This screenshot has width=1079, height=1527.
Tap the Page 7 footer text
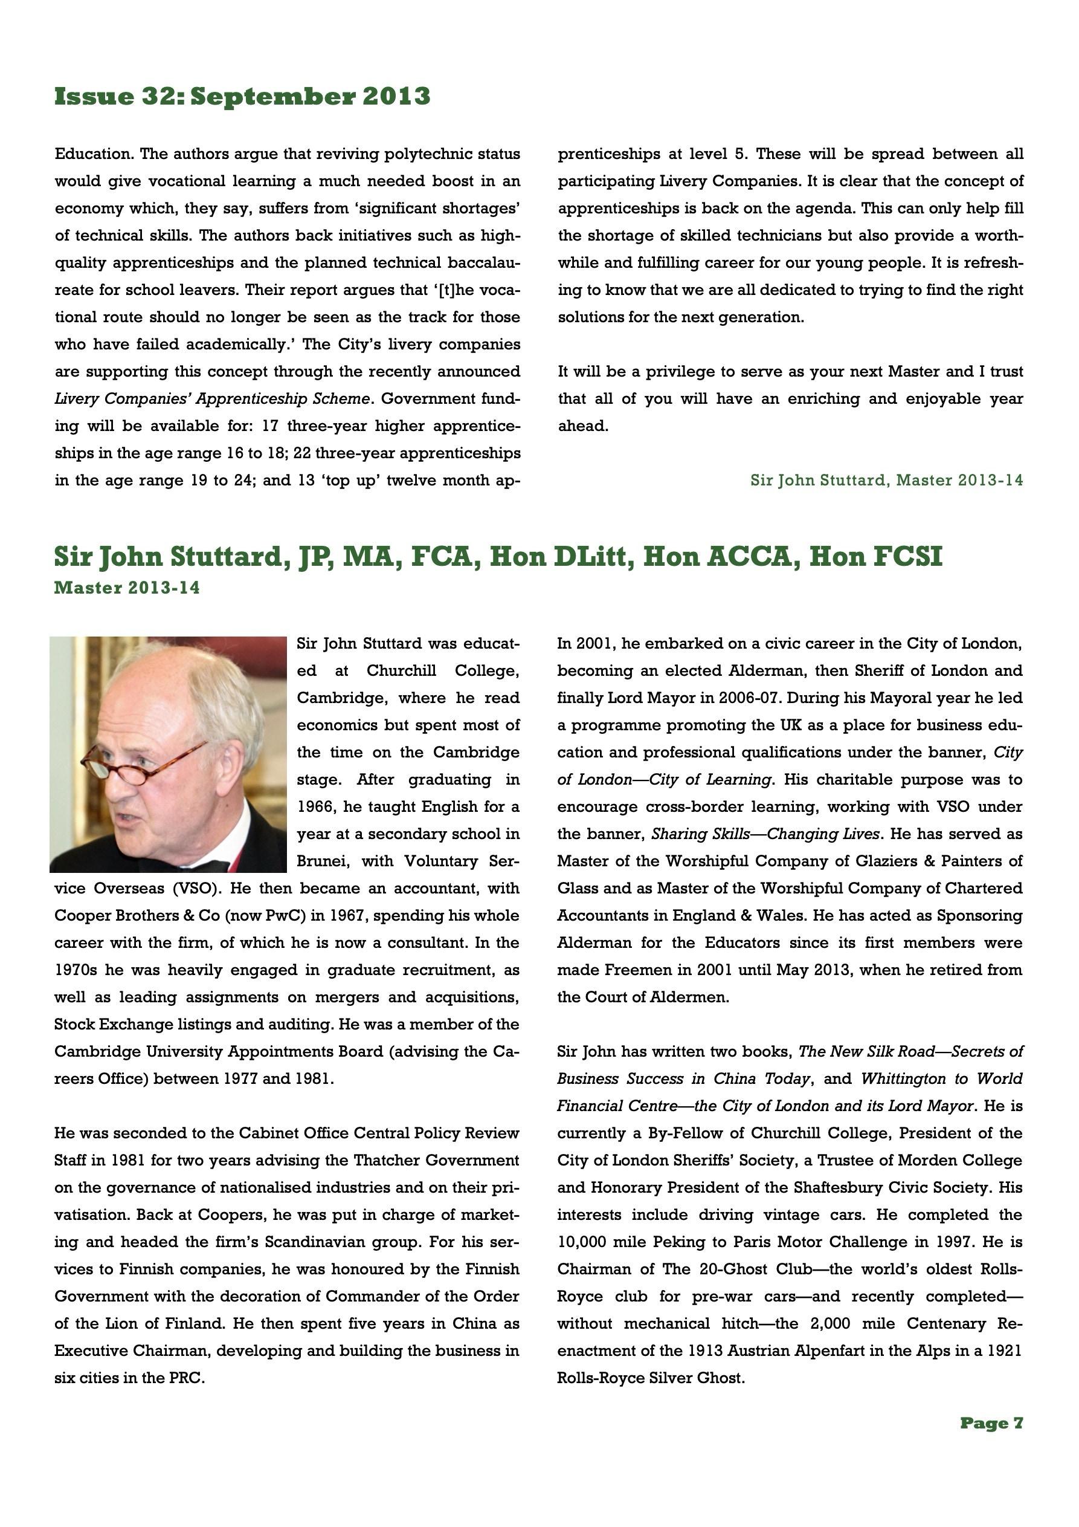(991, 1424)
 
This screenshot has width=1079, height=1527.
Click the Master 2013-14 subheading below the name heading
(127, 589)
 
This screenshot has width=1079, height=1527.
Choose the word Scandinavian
(344, 1242)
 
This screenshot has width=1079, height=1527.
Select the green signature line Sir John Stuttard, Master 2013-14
(886, 480)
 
